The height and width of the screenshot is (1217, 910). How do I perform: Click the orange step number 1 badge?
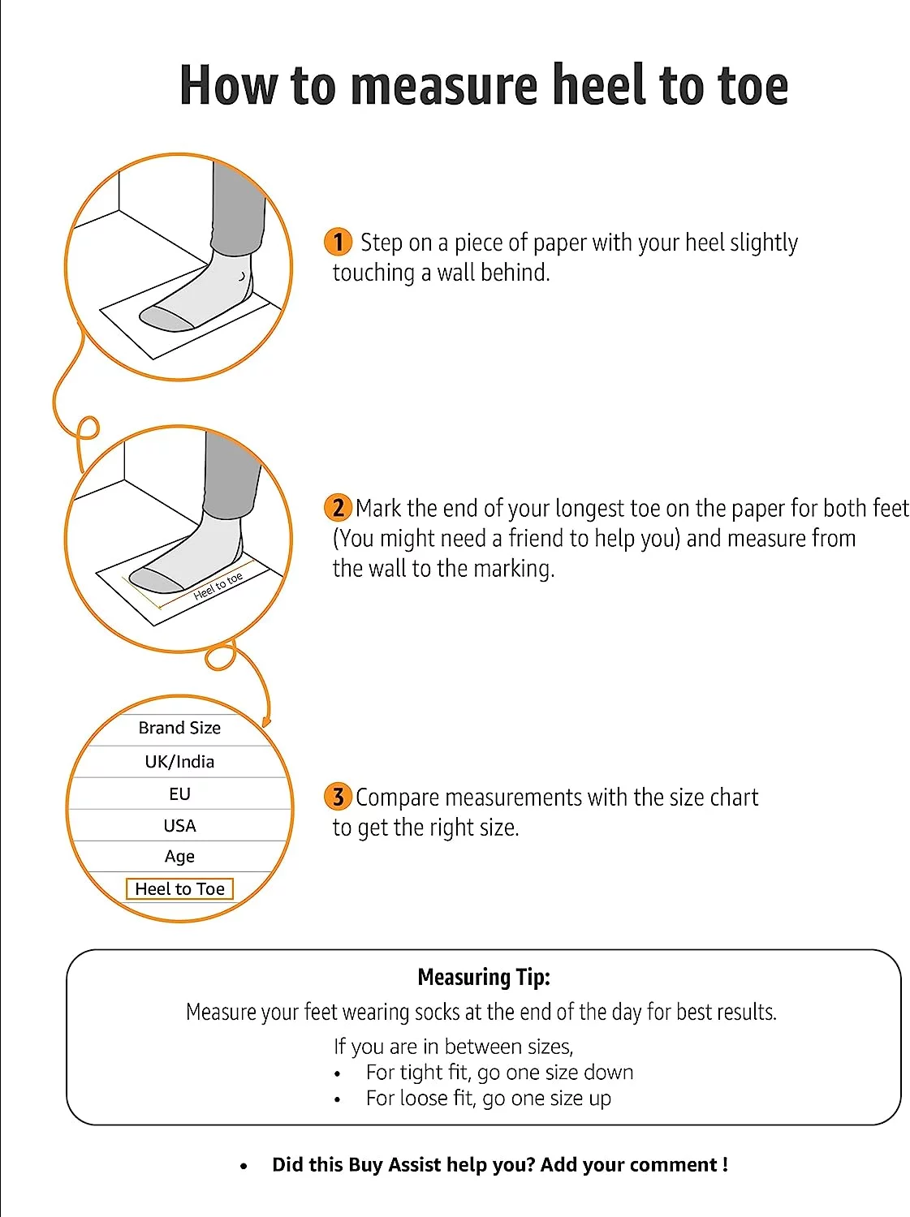coord(338,242)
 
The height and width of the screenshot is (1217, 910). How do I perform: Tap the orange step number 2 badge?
coord(338,508)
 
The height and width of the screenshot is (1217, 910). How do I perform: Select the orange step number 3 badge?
coord(338,797)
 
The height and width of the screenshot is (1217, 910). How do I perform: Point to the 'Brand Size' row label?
coord(179,728)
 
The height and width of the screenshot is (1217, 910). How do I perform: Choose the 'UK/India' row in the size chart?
coord(179,762)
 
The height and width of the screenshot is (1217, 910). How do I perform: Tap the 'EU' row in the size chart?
coord(179,794)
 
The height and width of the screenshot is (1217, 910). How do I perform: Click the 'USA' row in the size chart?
coord(179,826)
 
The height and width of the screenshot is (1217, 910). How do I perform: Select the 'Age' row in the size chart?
coord(179,857)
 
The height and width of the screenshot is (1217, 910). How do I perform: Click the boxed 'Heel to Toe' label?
coord(179,889)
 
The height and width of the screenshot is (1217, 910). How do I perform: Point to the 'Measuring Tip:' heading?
coord(484,977)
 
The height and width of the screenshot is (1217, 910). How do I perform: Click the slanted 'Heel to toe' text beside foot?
coord(218,586)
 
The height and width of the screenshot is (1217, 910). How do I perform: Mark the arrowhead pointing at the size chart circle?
coord(265,720)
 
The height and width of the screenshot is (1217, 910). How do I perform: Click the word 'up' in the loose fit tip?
coord(600,1099)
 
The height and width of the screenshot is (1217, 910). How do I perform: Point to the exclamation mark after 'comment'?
coord(724,1165)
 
